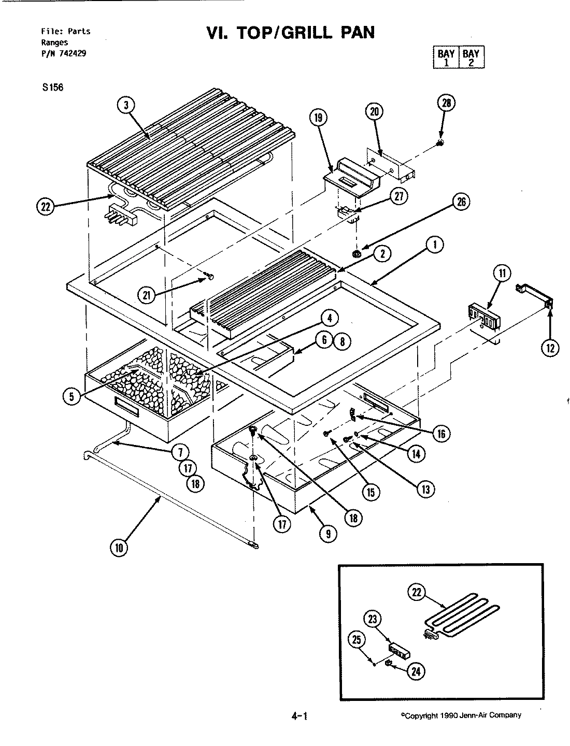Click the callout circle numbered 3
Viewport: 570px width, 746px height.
click(x=125, y=105)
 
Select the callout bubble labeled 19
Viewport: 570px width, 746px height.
click(x=318, y=118)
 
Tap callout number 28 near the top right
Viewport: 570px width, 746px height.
click(x=446, y=103)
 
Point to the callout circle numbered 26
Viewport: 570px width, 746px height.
click(x=460, y=203)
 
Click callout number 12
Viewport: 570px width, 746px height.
click(x=549, y=348)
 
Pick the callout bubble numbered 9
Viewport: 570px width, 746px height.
click(x=328, y=534)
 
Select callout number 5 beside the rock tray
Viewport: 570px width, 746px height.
click(x=72, y=396)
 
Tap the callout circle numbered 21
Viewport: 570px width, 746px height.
click(x=147, y=295)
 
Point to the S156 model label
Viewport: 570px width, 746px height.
click(x=53, y=87)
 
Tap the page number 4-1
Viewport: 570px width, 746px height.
click(x=300, y=716)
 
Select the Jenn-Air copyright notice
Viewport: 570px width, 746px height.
click(x=461, y=715)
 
